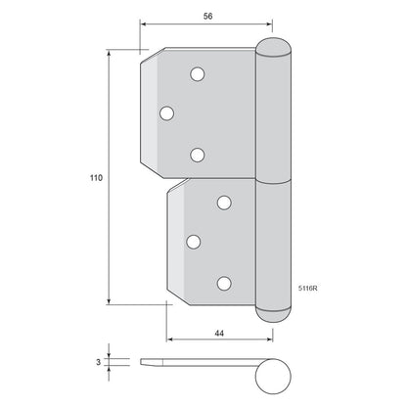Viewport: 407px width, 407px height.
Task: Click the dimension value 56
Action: [x=207, y=16]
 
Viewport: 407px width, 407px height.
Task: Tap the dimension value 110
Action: [x=96, y=178]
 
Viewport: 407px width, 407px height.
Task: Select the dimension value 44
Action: [x=219, y=334]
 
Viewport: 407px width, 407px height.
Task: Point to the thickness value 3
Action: [x=99, y=362]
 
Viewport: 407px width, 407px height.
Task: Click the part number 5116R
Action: [x=308, y=289]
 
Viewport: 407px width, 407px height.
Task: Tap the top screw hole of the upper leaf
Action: [x=198, y=74]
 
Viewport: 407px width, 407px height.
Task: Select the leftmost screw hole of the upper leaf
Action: [x=167, y=113]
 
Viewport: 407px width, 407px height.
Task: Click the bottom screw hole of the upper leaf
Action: [x=198, y=155]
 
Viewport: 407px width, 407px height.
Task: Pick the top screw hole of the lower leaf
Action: [x=224, y=203]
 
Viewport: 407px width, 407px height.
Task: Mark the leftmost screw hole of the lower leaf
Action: [x=194, y=242]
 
